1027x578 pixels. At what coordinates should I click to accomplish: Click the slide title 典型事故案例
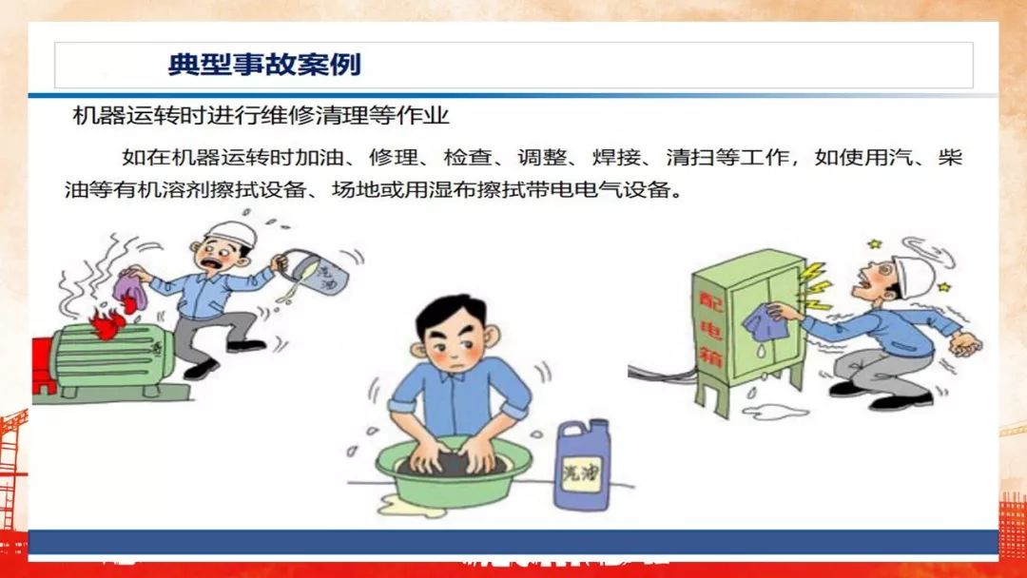coord(264,65)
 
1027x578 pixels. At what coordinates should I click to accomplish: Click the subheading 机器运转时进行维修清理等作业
coord(261,116)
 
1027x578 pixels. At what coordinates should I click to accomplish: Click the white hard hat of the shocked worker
coord(915,271)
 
